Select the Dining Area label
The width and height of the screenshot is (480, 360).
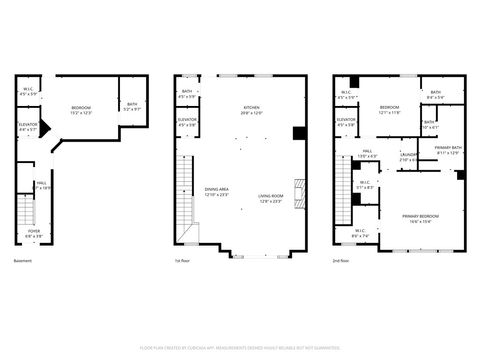217,192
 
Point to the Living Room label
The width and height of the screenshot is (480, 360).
270,197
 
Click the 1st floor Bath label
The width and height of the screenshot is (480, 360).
187,94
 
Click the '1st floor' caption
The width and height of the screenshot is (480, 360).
181,261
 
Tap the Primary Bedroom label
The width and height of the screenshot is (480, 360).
420,217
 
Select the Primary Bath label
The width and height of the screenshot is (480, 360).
447,150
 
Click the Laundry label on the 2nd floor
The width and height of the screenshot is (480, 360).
409,156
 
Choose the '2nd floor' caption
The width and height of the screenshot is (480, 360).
342,261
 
